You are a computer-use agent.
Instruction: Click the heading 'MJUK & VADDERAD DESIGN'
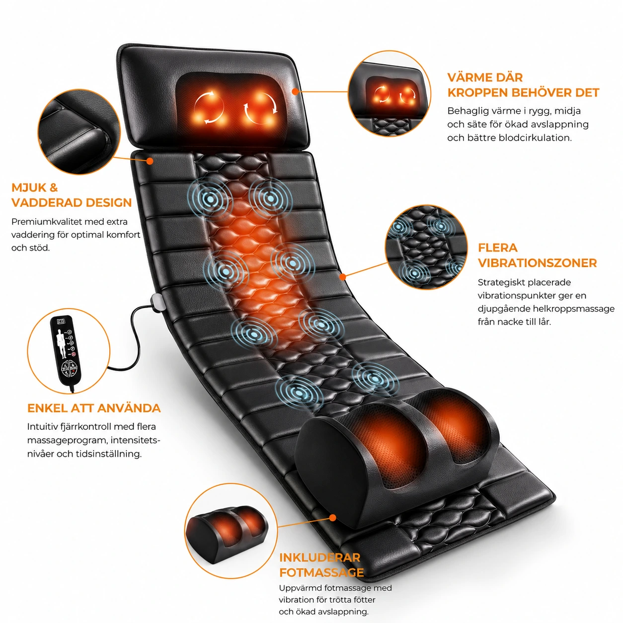[72, 195]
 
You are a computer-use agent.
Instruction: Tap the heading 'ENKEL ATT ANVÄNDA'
[94, 408]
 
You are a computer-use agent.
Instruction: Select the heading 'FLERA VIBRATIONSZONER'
[537, 255]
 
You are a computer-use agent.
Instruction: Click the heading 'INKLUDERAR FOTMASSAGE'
[321, 565]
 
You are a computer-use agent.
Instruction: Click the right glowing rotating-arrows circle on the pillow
[260, 108]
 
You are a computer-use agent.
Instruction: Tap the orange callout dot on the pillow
[295, 91]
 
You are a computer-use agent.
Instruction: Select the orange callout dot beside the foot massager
[332, 518]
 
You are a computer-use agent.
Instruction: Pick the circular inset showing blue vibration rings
[426, 247]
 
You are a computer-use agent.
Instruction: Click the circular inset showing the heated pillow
[389, 93]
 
